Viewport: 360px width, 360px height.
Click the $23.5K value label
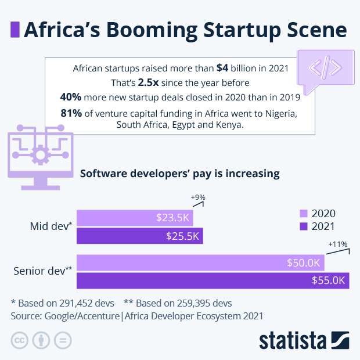pyautogui.click(x=173, y=218)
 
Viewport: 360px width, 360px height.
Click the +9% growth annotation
pyautogui.click(x=198, y=197)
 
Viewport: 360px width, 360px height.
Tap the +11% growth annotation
pyautogui.click(x=337, y=244)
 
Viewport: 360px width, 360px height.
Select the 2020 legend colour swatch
pyautogui.click(x=303, y=214)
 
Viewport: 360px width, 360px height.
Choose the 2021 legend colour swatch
pyautogui.click(x=303, y=226)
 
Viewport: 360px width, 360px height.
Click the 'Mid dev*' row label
pyautogui.click(x=51, y=226)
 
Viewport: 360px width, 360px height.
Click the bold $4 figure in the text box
pyautogui.click(x=222, y=68)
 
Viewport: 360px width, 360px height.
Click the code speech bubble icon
pyautogui.click(x=325, y=69)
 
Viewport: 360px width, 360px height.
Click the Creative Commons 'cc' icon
pyautogui.click(x=20, y=340)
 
